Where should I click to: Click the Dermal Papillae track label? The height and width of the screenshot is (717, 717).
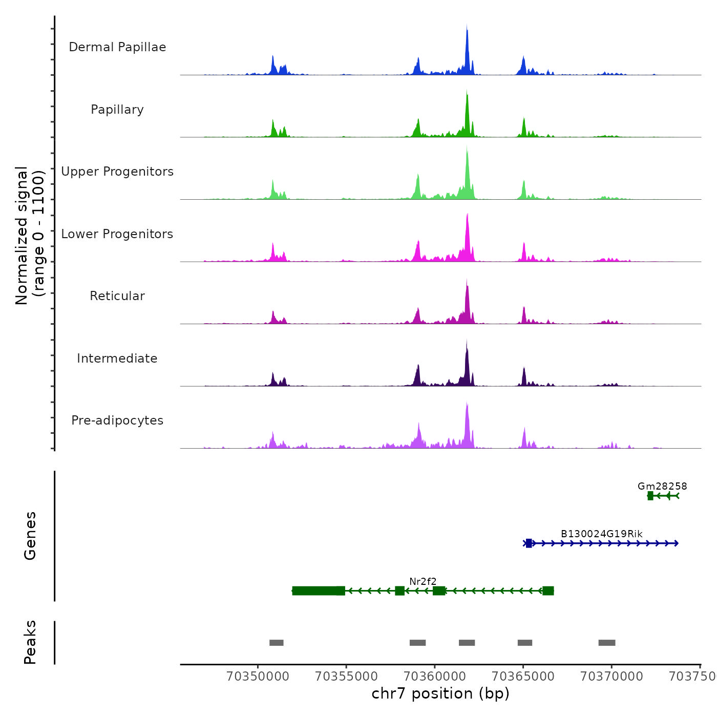pyautogui.click(x=117, y=47)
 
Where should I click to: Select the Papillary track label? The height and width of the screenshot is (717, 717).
pyautogui.click(x=117, y=110)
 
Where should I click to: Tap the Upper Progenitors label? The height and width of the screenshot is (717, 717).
pyautogui.click(x=117, y=172)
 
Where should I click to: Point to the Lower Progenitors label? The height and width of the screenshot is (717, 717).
pyautogui.click(x=117, y=234)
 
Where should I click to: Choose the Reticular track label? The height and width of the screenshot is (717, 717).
pyautogui.click(x=117, y=296)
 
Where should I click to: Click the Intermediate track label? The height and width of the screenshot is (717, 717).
pyautogui.click(x=117, y=358)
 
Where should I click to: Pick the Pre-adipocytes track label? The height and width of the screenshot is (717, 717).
pyautogui.click(x=117, y=420)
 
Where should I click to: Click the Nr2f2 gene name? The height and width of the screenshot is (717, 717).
pyautogui.click(x=423, y=581)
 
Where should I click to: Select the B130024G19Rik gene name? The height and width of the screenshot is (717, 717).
pyautogui.click(x=601, y=534)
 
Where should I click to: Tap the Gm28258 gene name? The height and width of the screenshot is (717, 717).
pyautogui.click(x=662, y=486)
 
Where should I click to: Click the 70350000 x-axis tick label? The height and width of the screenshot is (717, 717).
pyautogui.click(x=258, y=676)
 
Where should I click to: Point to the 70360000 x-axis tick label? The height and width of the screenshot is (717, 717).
pyautogui.click(x=435, y=676)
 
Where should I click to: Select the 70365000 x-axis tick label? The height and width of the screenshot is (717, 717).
pyautogui.click(x=523, y=676)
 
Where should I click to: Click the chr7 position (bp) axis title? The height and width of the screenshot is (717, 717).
pyautogui.click(x=440, y=693)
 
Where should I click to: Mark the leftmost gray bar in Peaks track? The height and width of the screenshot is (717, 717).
pyautogui.click(x=277, y=643)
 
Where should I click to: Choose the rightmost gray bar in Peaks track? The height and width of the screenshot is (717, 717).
pyautogui.click(x=607, y=643)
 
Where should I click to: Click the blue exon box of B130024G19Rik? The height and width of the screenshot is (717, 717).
pyautogui.click(x=529, y=543)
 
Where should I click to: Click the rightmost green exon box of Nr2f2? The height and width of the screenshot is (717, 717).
pyautogui.click(x=548, y=591)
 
